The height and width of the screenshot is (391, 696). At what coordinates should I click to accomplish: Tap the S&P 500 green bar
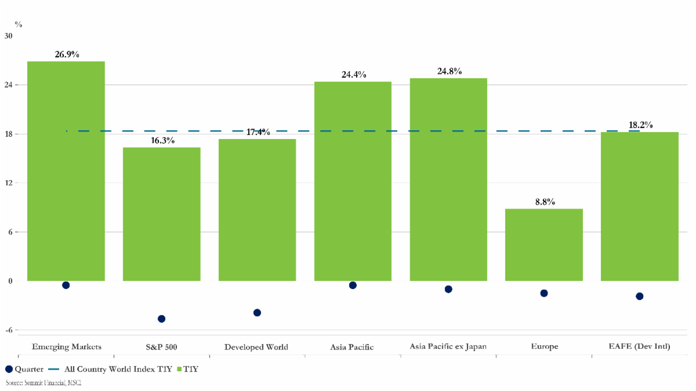pos(161,214)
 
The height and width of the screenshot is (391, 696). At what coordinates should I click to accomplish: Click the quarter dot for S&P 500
pos(161,319)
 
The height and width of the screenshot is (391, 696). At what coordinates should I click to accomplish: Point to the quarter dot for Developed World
pos(257,313)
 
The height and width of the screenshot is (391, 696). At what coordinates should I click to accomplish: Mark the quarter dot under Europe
pos(544,293)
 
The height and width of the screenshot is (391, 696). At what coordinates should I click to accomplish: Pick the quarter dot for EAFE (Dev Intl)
pos(640,296)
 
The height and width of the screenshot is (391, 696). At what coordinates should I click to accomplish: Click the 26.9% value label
pos(67,54)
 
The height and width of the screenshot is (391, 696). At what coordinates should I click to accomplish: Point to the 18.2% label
pos(640,125)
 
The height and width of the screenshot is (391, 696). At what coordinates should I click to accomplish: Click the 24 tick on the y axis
pos(9,85)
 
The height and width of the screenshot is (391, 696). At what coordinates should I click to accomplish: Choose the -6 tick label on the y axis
pos(9,330)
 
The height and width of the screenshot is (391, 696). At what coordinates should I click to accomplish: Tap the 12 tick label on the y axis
pos(9,183)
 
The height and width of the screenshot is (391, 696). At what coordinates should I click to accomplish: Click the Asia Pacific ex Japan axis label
pos(448,346)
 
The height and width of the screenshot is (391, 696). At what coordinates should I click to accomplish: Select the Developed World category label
pos(256,347)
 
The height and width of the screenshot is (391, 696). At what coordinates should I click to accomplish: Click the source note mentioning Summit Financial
pos(43,383)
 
